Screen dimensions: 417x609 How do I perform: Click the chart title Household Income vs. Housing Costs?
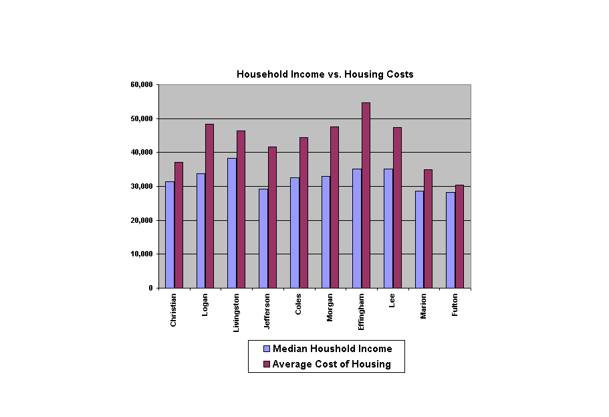[x=325, y=74]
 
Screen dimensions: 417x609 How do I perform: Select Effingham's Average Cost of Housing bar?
[x=366, y=195]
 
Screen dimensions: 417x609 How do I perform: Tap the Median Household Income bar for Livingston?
[x=231, y=223]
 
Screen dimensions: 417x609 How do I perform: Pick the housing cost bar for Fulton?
[x=459, y=236]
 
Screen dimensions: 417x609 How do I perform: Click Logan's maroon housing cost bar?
[x=209, y=206]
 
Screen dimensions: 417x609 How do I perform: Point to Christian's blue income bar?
[x=169, y=234]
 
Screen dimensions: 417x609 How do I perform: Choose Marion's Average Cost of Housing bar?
[x=428, y=229]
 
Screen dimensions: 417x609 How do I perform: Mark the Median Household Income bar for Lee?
[x=388, y=228]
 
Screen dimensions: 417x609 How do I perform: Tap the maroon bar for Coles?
[x=303, y=213]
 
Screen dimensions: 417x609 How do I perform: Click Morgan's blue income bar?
[x=326, y=232]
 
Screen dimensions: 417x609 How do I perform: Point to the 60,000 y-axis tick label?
[x=142, y=84]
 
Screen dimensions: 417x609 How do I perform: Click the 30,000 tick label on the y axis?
[x=142, y=186]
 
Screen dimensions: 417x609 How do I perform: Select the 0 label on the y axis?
[x=150, y=288]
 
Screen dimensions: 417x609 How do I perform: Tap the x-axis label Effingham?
[x=361, y=311]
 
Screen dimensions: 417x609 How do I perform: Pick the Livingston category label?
[x=236, y=312]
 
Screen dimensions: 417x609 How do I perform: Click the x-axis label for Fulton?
[x=455, y=305]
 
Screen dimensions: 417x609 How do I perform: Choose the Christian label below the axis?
[x=174, y=309]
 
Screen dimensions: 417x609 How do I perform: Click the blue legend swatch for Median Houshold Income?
[x=266, y=349]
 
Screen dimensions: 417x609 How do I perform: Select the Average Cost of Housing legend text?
[x=332, y=365]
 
